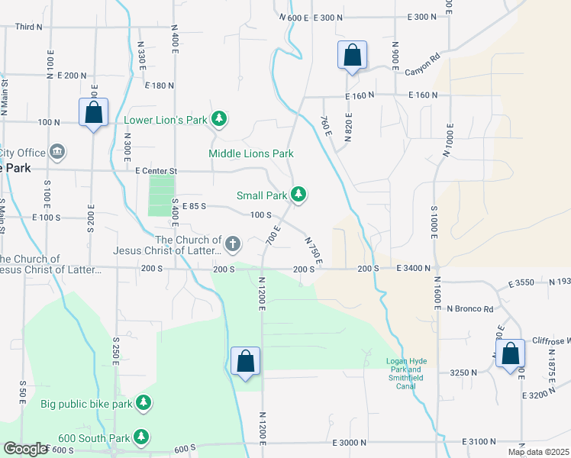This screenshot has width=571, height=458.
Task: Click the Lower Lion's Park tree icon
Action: [x=220, y=118]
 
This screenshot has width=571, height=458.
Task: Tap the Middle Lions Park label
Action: [x=251, y=153]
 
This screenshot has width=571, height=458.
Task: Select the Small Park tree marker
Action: [x=299, y=195]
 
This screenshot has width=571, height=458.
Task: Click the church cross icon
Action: [x=233, y=244]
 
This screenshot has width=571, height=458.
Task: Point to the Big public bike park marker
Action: [x=144, y=402]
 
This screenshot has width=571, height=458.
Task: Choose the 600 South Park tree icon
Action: [x=140, y=437]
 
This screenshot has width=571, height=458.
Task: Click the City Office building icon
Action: [x=57, y=151]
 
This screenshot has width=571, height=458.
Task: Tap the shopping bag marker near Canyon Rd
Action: [x=352, y=56]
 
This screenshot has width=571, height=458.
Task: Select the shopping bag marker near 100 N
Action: [x=93, y=113]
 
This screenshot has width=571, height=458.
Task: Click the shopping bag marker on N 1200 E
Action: [x=246, y=362]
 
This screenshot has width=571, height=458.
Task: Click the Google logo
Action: [x=25, y=449]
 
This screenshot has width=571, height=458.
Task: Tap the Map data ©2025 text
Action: [x=537, y=452]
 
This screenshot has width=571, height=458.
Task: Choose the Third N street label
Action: [x=28, y=26]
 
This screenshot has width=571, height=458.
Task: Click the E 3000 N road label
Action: [x=354, y=443]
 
